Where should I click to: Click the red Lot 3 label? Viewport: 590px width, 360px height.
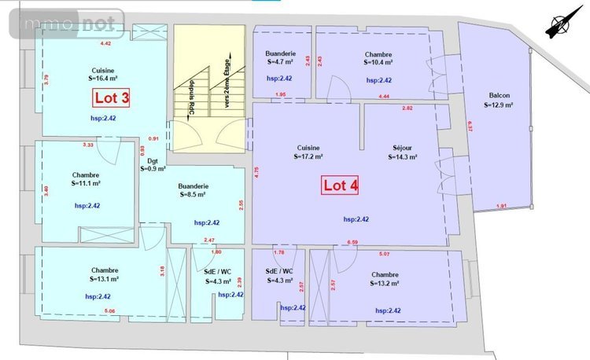pyautogui.click(x=112, y=97)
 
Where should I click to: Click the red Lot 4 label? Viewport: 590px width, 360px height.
pyautogui.click(x=341, y=186)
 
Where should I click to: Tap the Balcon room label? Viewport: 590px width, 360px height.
pyautogui.click(x=498, y=99)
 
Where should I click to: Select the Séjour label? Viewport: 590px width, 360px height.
pyautogui.click(x=402, y=152)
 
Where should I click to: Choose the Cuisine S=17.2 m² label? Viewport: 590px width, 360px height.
pyautogui.click(x=308, y=152)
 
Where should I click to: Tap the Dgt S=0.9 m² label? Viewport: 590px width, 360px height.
pyautogui.click(x=153, y=163)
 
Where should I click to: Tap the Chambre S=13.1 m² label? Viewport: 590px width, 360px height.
pyautogui.click(x=103, y=274)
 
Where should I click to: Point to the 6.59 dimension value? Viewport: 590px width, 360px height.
pyautogui.click(x=352, y=243)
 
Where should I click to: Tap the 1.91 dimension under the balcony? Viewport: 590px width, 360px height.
pyautogui.click(x=501, y=206)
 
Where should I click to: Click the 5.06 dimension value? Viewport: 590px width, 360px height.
pyautogui.click(x=109, y=311)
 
